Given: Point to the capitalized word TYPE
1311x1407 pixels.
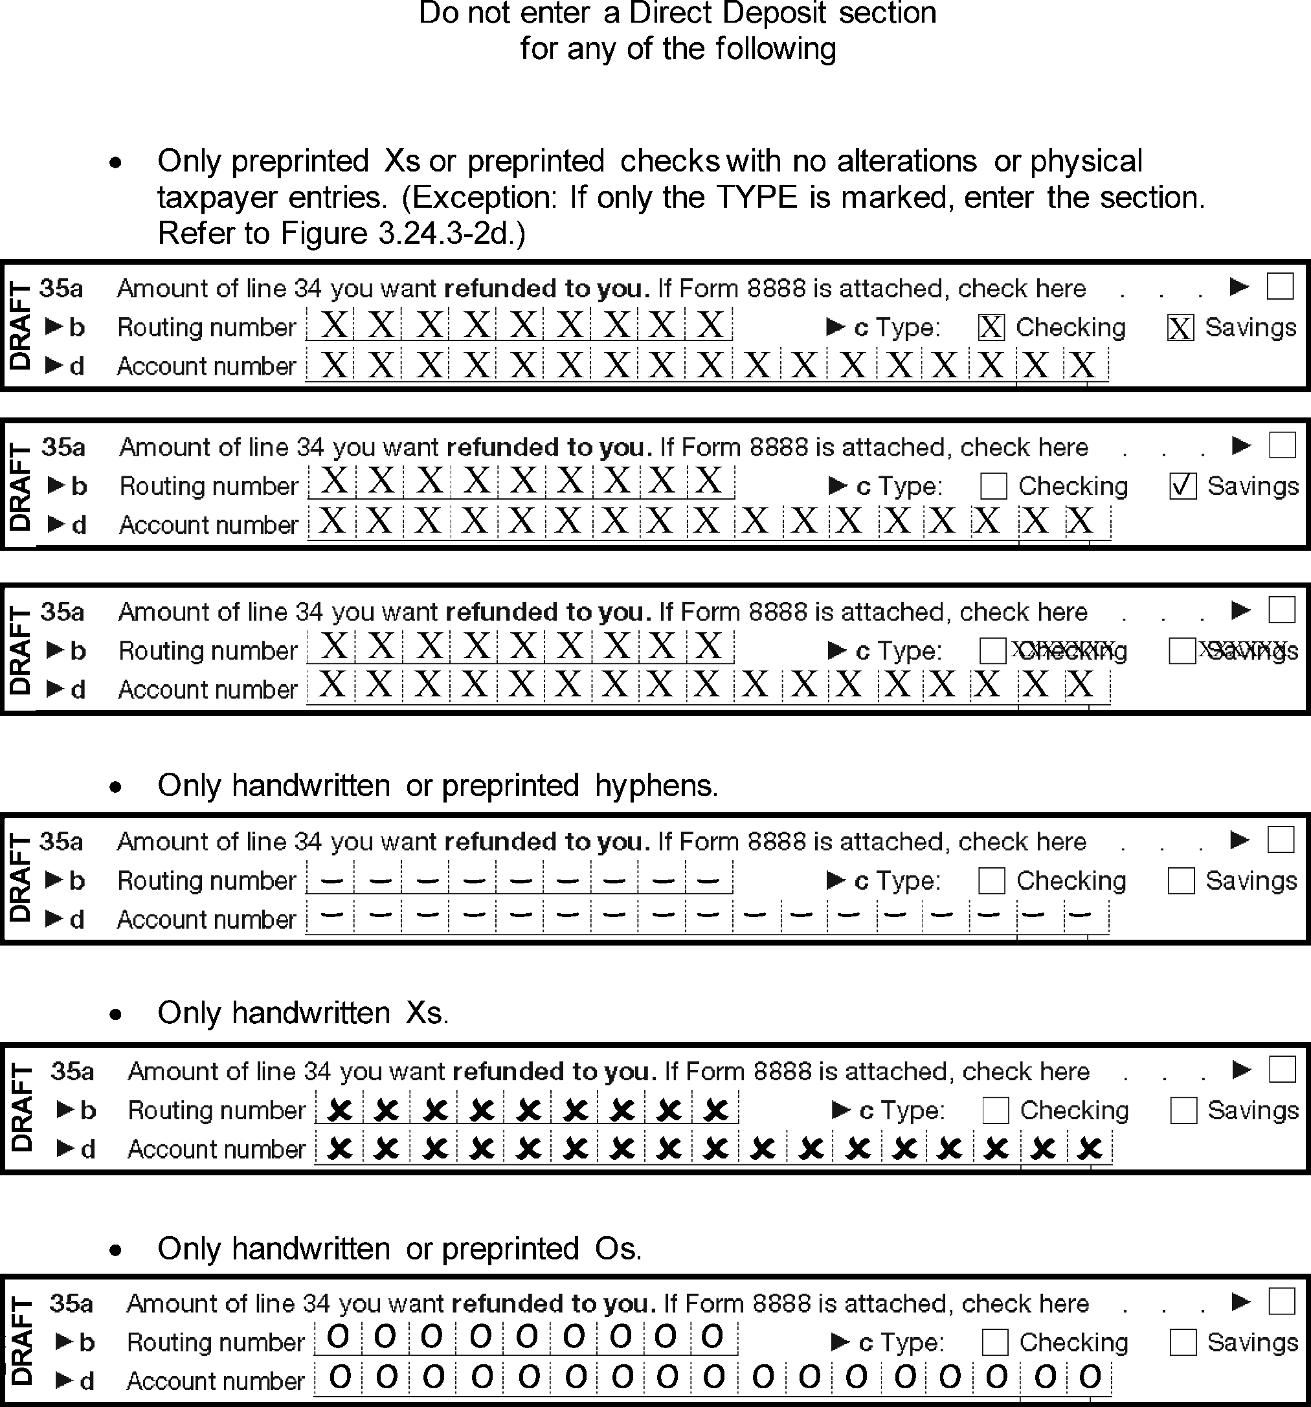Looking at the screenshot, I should pyautogui.click(x=757, y=197).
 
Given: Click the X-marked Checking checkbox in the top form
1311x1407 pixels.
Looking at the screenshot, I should pyautogui.click(x=991, y=327).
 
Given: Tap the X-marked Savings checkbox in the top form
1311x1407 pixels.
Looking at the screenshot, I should pyautogui.click(x=1180, y=327).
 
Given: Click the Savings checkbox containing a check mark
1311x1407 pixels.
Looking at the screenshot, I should pyautogui.click(x=1183, y=486).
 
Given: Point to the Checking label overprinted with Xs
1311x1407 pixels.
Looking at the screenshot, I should pyautogui.click(x=1070, y=650).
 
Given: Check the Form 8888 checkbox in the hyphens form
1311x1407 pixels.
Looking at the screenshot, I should pyautogui.click(x=1281, y=840).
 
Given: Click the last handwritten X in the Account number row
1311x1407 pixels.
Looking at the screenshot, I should pyautogui.click(x=1090, y=1148).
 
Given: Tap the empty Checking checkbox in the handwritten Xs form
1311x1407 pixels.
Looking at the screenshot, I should pyautogui.click(x=995, y=1111).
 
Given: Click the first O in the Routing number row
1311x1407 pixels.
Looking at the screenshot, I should pyautogui.click(x=339, y=1337).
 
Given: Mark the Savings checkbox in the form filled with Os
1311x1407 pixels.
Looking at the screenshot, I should pyautogui.click(x=1183, y=1342).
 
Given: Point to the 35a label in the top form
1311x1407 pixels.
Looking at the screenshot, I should pyautogui.click(x=61, y=288).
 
